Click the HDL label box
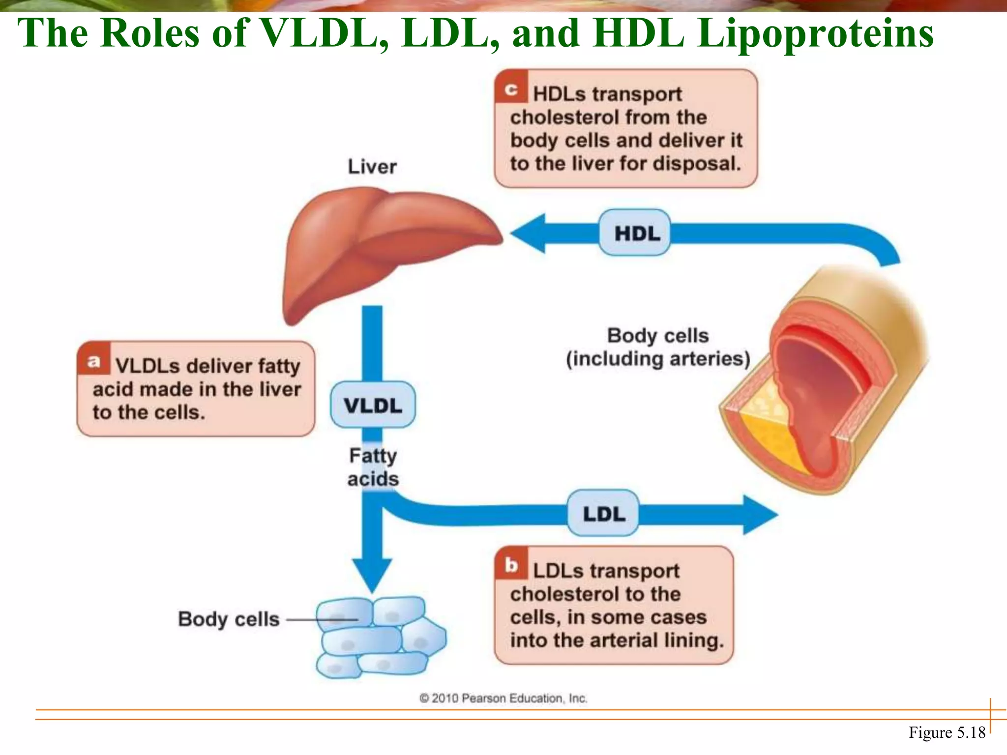(x=635, y=232)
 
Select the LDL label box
(x=603, y=514)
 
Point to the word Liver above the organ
(x=372, y=167)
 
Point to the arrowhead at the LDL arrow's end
(x=760, y=515)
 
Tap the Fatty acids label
(x=373, y=467)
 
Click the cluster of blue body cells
(x=379, y=637)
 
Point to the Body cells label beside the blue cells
(x=229, y=619)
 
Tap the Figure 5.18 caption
(x=947, y=732)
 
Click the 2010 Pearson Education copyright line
(x=503, y=698)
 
